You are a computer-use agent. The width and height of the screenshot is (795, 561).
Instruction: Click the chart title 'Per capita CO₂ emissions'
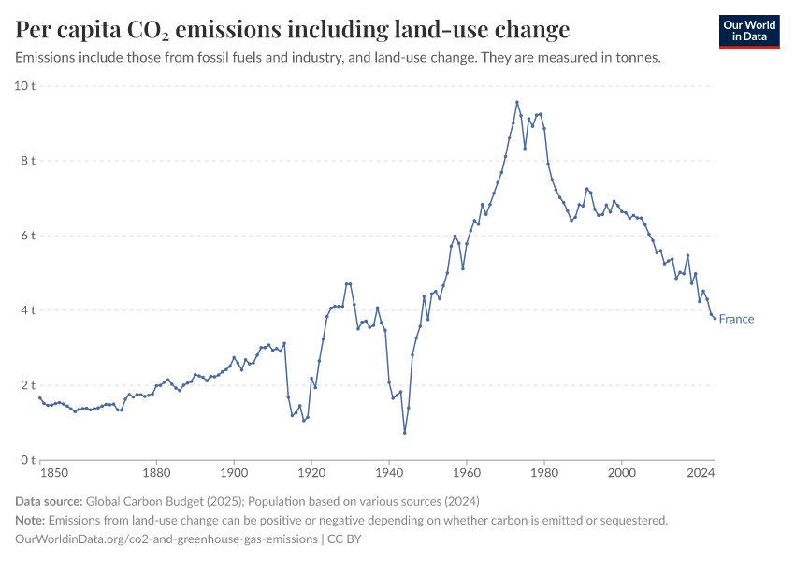292,30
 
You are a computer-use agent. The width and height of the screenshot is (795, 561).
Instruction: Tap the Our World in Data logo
748,32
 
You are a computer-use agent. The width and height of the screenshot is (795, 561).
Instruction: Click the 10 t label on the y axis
24,86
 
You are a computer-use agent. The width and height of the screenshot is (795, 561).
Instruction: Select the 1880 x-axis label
156,474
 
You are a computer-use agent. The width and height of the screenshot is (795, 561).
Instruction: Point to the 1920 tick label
311,474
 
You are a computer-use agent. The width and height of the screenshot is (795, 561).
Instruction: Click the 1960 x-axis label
466,474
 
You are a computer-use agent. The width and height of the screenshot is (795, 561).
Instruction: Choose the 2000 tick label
621,474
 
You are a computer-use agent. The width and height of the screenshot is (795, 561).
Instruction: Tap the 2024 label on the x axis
701,474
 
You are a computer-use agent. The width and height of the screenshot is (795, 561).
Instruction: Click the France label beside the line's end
736,319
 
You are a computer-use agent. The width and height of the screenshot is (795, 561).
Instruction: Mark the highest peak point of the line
516,102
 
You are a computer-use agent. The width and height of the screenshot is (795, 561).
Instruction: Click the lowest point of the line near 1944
404,432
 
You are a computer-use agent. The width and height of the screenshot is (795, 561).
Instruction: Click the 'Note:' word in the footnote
32,520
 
